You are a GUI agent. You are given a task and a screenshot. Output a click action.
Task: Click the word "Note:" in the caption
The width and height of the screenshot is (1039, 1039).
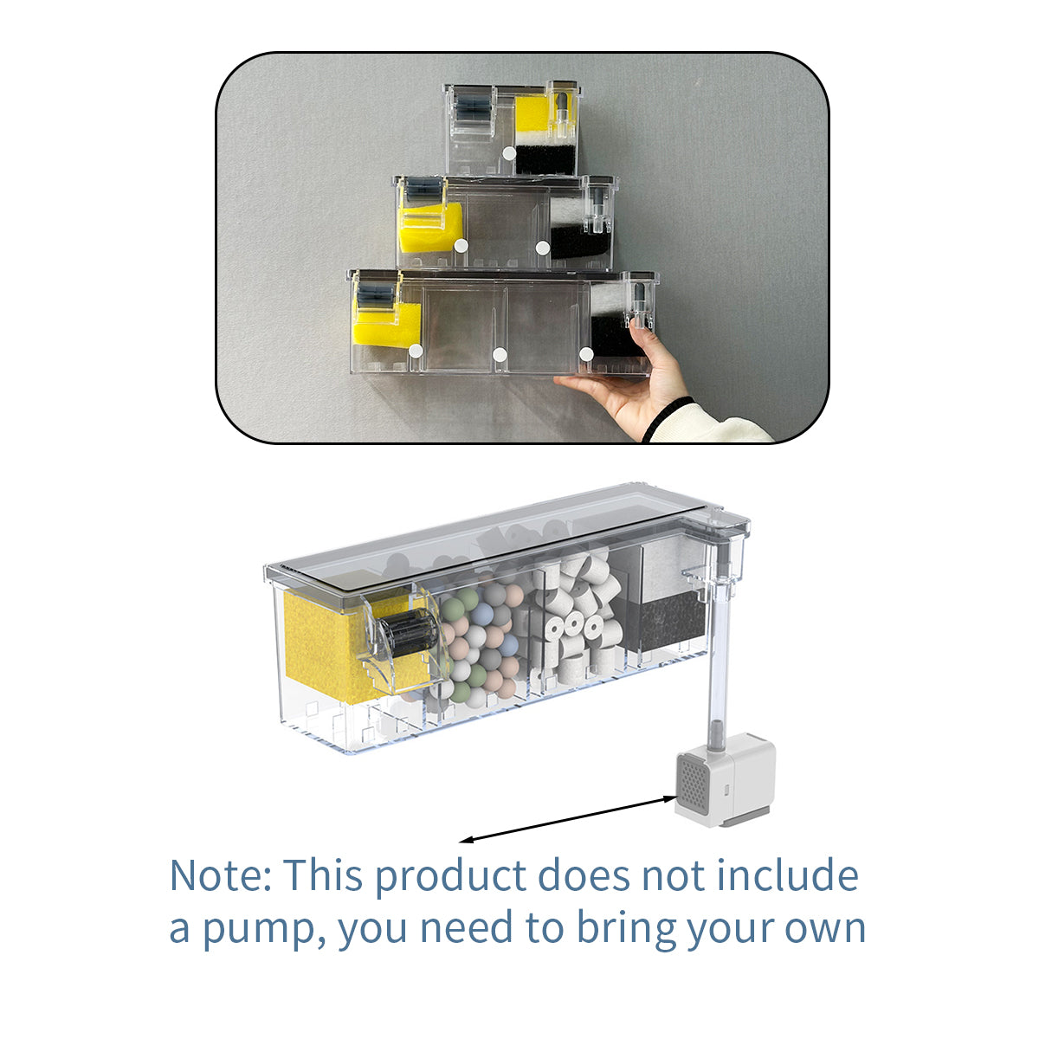coord(220,875)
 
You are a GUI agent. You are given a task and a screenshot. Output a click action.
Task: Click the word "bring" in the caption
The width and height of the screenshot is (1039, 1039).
coord(625,928)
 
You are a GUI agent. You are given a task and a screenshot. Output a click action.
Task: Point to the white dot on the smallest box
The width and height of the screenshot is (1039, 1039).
coord(508,153)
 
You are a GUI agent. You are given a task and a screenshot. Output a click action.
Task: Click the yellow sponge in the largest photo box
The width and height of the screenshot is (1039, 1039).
coord(387,322)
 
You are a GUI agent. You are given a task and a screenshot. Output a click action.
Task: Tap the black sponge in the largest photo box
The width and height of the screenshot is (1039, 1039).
coord(614,334)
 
